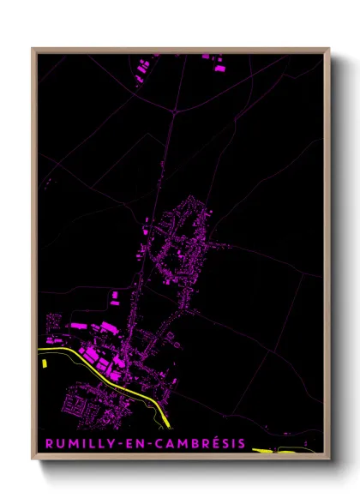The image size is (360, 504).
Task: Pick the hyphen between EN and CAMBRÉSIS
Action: [x=140, y=443]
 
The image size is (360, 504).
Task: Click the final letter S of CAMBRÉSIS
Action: [x=242, y=443]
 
